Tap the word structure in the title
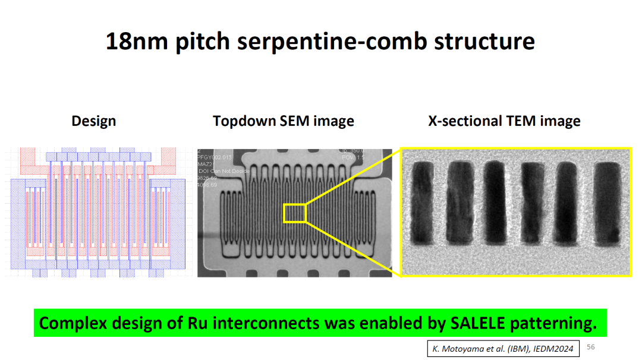click(480, 42)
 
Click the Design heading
click(93, 121)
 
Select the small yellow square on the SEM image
click(294, 213)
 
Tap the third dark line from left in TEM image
click(495, 202)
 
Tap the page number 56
click(590, 347)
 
